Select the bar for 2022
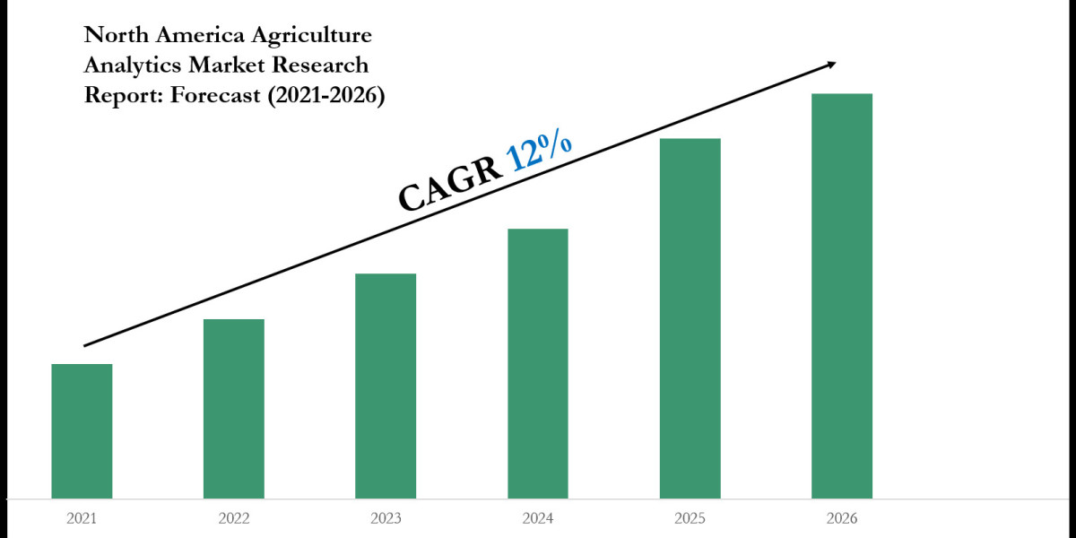pos(234,408)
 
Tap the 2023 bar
pos(386,386)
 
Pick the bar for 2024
pos(538,363)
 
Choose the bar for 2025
pos(690,318)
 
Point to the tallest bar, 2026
pos(842,296)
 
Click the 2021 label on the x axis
pos(82,518)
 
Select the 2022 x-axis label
pos(234,518)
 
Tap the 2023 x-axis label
pos(386,518)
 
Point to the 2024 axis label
pos(538,518)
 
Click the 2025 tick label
pos(690,518)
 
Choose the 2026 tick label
pos(842,518)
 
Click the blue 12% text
pos(540,151)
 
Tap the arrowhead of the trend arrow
pos(831,64)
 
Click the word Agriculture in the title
pos(313,37)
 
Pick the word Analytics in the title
pos(128,66)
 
